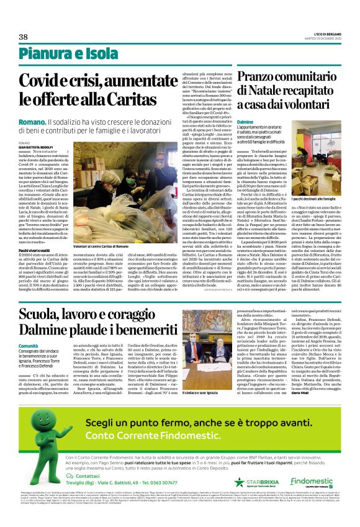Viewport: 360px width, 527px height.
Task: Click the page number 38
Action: tap(23, 37)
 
